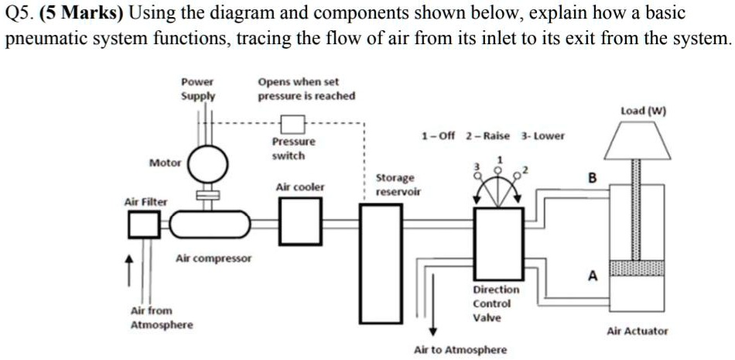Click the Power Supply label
(x=198, y=89)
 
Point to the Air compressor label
(x=214, y=258)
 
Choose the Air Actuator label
(x=637, y=331)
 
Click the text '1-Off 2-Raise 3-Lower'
(x=493, y=135)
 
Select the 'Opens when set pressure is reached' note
(x=306, y=89)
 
